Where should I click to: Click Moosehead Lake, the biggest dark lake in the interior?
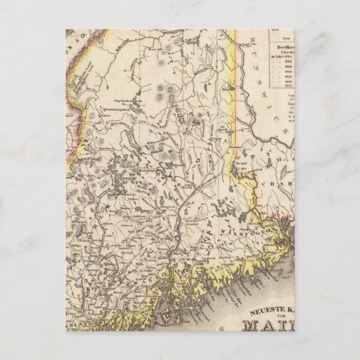coord(116,170)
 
